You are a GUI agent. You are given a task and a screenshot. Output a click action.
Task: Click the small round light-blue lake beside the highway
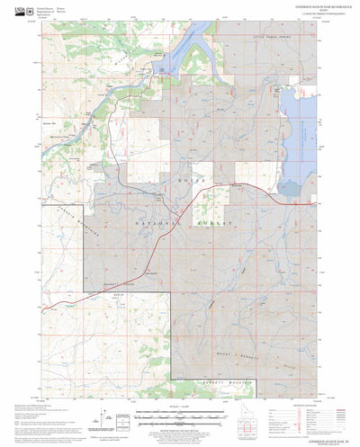point(147,273)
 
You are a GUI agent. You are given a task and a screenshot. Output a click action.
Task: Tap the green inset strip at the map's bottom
point(171,384)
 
